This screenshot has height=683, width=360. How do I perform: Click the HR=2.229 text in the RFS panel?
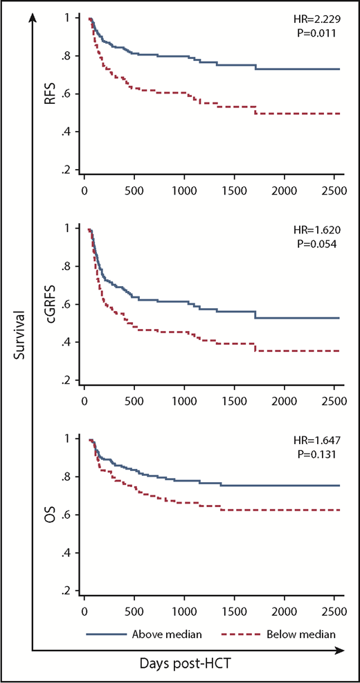point(321,19)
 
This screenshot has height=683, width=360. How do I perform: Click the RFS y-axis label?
point(51,93)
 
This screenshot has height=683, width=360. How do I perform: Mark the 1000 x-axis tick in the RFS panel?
point(184,190)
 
